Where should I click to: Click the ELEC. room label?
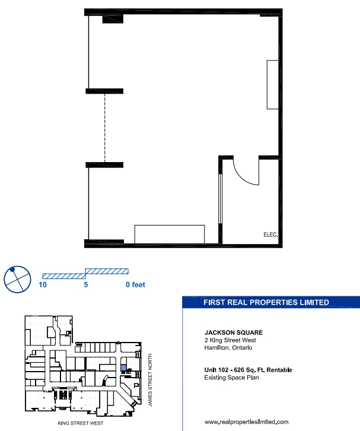point(270,234)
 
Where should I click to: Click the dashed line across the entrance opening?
point(106,127)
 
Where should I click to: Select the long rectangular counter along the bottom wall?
point(170,234)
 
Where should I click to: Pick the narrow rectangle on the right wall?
point(272,84)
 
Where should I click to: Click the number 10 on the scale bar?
point(43,285)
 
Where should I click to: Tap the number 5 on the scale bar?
point(86,285)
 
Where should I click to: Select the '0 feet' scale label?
point(135,285)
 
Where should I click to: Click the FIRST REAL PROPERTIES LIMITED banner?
point(266,302)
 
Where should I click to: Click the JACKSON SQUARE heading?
point(233,332)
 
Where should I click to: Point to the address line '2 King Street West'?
point(230,340)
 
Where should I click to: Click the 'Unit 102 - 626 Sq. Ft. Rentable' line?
point(248,370)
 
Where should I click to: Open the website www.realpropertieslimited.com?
point(246,422)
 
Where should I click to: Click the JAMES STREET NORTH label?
point(151,379)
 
